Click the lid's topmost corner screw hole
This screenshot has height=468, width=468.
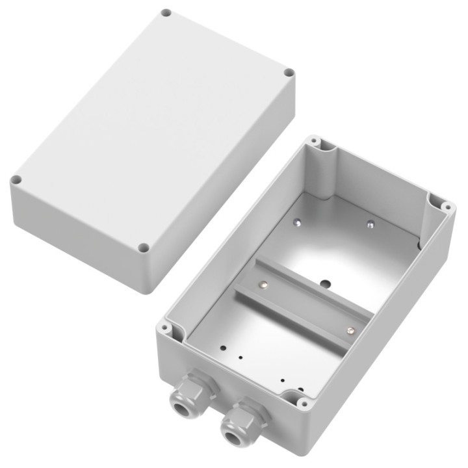[166, 12]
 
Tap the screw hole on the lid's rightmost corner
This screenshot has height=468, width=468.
[289, 73]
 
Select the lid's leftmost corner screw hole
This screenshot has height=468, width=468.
[16, 180]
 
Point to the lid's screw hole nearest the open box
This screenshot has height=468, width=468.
[144, 248]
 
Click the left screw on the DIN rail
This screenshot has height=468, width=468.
[263, 283]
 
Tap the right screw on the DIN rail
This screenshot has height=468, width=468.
[350, 331]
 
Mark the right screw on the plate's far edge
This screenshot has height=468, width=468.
[370, 224]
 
